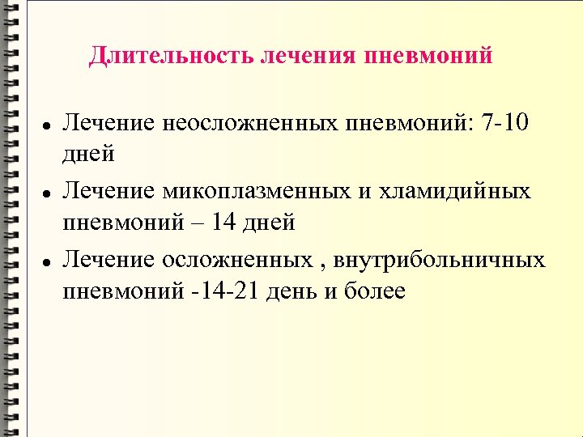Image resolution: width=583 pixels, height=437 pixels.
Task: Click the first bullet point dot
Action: [x=48, y=127]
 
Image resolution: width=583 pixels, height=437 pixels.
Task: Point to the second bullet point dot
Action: [x=48, y=195]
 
